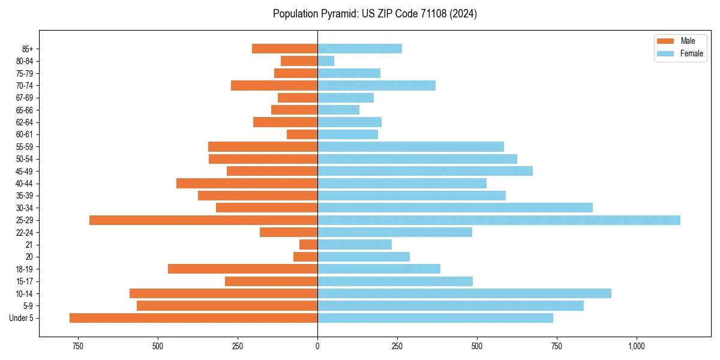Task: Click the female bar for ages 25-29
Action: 499,220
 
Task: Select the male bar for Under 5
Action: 193,318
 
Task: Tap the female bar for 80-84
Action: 326,61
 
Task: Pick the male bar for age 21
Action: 308,244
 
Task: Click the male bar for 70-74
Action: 274,85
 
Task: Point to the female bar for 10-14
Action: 464,293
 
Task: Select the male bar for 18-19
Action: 242,269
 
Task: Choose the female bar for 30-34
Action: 455,208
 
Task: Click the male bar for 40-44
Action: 247,183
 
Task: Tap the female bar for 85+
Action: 359,49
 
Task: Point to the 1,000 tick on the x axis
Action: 637,346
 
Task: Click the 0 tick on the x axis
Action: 317,346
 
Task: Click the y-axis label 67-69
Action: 25,98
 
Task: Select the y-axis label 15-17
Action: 25,281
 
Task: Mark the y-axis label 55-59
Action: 25,146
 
